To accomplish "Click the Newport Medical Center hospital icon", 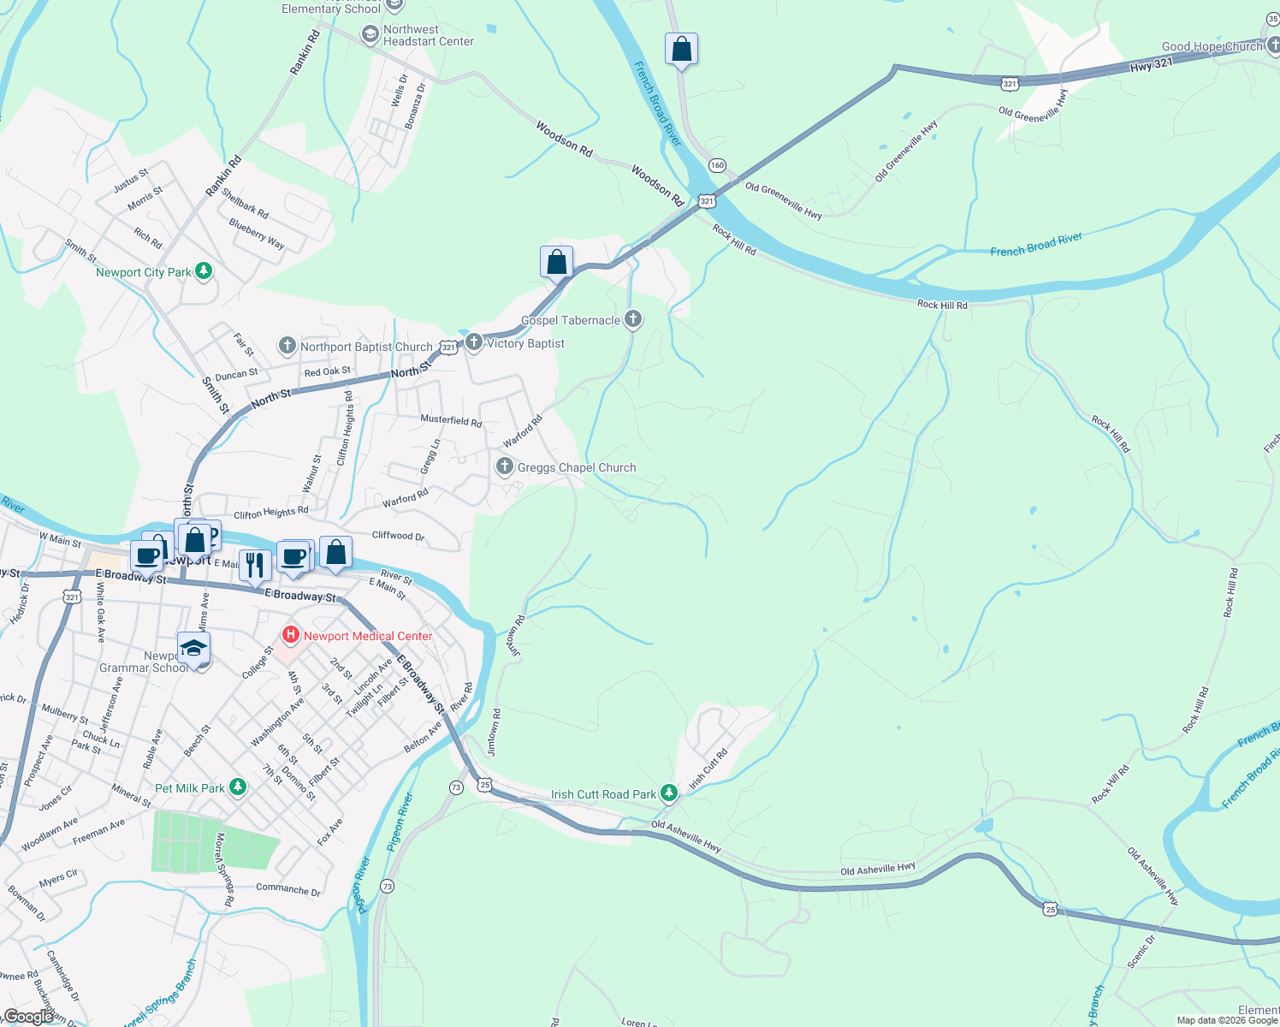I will pyautogui.click(x=291, y=635).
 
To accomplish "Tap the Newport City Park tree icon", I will pyautogui.click(x=204, y=271).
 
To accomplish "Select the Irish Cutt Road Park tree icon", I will pyautogui.click(x=670, y=793).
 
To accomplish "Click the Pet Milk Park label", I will pyautogui.click(x=190, y=788).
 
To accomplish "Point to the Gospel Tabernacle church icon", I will pyautogui.click(x=633, y=319).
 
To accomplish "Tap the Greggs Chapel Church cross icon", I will pyautogui.click(x=505, y=466).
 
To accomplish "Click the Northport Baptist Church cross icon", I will pyautogui.click(x=287, y=346).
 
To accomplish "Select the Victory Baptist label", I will pyautogui.click(x=525, y=343).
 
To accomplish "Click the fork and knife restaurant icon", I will pyautogui.click(x=254, y=564).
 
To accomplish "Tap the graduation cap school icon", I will pyautogui.click(x=193, y=648).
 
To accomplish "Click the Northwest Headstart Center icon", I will pyautogui.click(x=370, y=34).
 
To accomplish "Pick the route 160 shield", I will pyautogui.click(x=717, y=164).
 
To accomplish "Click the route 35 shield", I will pyautogui.click(x=1273, y=19).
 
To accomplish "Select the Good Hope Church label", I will pyautogui.click(x=1212, y=46).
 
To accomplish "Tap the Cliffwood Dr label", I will pyautogui.click(x=398, y=536).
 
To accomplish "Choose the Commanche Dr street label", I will pyautogui.click(x=288, y=889).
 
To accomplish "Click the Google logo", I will pyautogui.click(x=29, y=1017).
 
